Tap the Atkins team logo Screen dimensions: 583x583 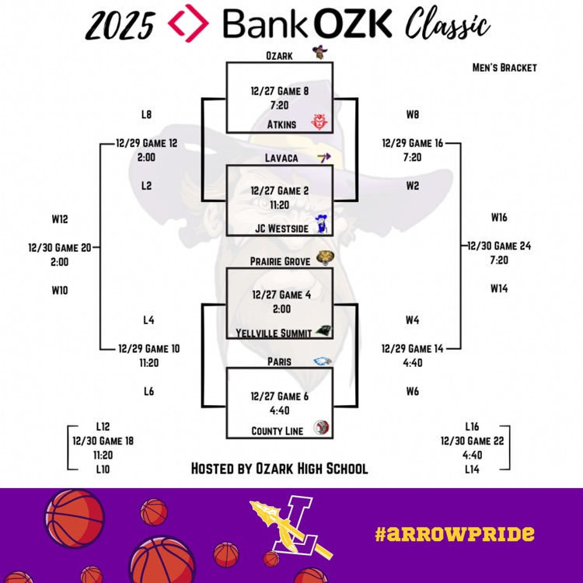click(x=318, y=122)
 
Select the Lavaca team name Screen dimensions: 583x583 click(x=280, y=158)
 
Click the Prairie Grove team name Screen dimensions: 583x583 click(x=280, y=262)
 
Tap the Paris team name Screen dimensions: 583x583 click(x=280, y=361)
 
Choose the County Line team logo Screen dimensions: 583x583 click(x=321, y=428)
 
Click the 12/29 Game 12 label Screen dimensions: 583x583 click(x=147, y=143)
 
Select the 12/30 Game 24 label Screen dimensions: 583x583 click(x=498, y=246)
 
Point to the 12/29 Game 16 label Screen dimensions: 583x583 click(x=413, y=143)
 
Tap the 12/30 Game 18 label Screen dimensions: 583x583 click(x=102, y=441)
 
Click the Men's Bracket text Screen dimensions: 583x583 click(x=504, y=67)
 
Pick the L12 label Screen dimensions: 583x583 click(x=103, y=427)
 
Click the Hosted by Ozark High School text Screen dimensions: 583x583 click(x=279, y=469)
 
